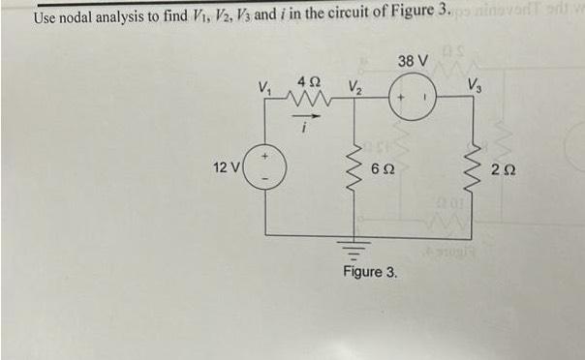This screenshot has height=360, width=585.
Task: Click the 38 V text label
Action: [x=412, y=62]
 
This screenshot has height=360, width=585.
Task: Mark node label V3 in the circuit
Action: [x=477, y=83]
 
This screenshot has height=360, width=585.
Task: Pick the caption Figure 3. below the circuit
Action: [x=370, y=273]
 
